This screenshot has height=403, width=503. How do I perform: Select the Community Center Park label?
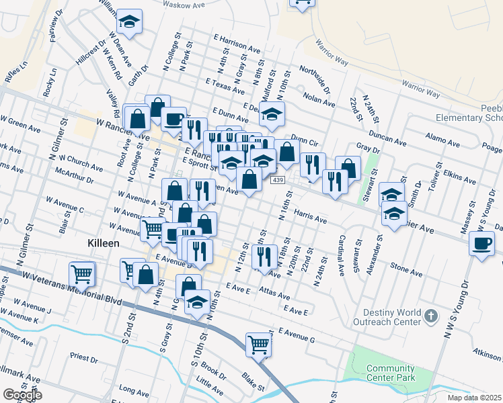(x=390, y=373)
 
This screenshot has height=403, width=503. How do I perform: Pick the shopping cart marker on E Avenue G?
(x=258, y=345)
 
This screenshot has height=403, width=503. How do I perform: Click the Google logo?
(x=23, y=395)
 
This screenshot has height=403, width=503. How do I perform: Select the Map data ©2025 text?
(x=474, y=398)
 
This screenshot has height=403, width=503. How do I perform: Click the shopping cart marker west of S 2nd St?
(x=81, y=273)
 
